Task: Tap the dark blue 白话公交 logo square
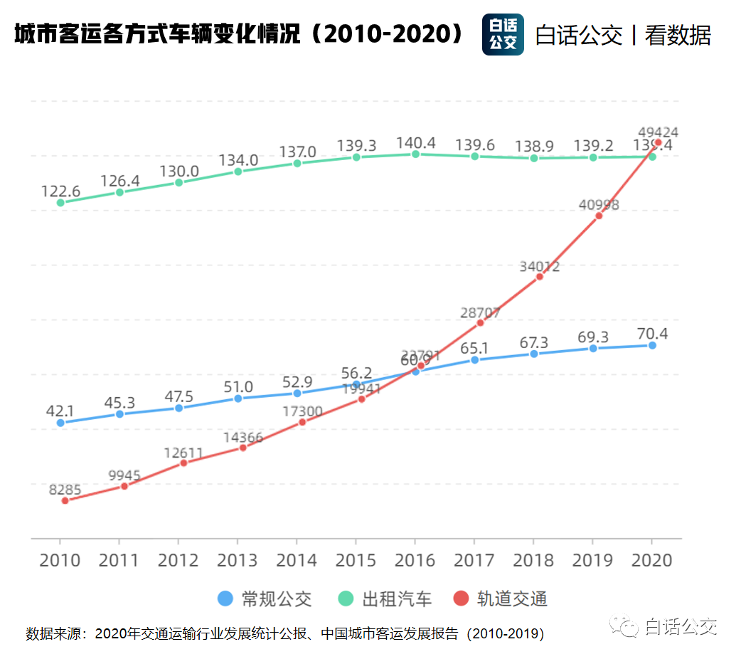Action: [x=503, y=34]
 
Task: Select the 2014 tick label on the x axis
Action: [x=297, y=560]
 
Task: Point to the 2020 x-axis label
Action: [x=652, y=560]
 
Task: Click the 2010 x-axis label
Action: [x=60, y=560]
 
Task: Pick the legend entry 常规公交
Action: [x=265, y=599]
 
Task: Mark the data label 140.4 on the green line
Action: [x=415, y=142]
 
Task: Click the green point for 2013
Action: [x=238, y=172]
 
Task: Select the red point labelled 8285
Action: [x=65, y=500]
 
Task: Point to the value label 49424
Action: [x=658, y=132]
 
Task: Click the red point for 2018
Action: [x=540, y=276]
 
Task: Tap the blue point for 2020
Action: [x=652, y=345]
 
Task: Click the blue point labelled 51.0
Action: [x=238, y=399]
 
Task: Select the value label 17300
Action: [x=302, y=411]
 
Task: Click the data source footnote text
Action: [x=284, y=633]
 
